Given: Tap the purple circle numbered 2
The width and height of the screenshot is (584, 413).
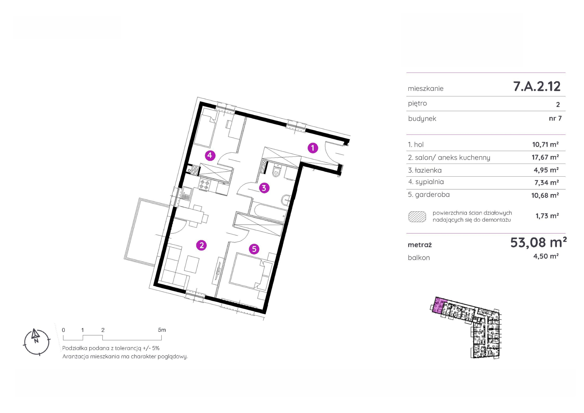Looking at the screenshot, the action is coord(201,245).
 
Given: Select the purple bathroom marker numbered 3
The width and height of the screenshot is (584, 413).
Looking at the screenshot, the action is coord(264,188).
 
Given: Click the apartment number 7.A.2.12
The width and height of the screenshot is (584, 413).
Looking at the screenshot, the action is coord(537,86).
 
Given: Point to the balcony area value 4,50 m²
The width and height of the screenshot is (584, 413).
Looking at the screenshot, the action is coord(546,256).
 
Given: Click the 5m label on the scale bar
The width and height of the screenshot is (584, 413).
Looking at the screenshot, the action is coord(162,330).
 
